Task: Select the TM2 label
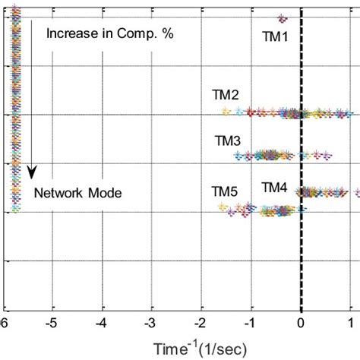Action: [x=226, y=96]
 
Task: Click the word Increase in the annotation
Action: [x=70, y=33]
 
